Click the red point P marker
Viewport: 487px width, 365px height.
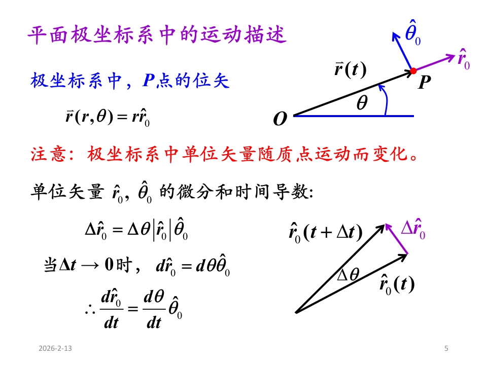point(413,70)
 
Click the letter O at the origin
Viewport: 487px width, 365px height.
point(280,120)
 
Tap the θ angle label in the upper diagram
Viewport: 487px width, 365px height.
point(361,103)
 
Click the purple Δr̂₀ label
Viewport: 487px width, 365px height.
point(413,229)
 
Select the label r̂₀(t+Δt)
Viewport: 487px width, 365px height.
point(325,232)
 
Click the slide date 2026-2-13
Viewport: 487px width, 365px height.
point(56,348)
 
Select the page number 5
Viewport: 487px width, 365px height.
point(446,348)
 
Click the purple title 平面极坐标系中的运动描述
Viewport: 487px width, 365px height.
point(157,36)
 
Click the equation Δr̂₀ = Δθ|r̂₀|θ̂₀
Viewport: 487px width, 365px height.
point(136,233)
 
